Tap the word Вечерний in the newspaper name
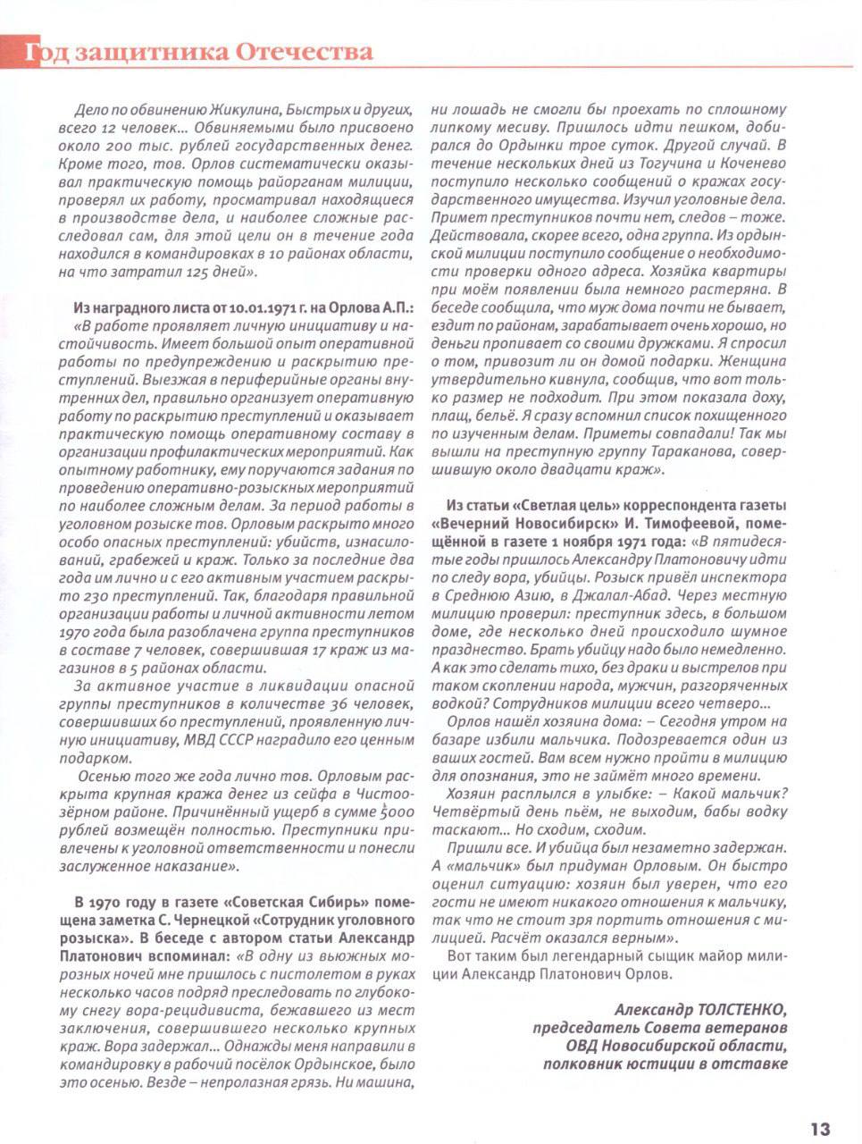click(x=474, y=525)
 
